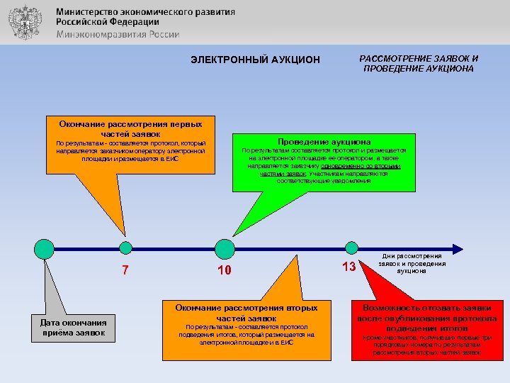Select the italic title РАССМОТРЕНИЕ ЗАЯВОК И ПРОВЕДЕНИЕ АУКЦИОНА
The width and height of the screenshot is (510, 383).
[419, 63]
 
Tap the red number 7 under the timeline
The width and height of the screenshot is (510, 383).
[125, 270]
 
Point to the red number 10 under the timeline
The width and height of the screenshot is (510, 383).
[225, 271]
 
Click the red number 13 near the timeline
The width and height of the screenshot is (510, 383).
[348, 267]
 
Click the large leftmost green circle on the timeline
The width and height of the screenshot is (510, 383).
[44, 248]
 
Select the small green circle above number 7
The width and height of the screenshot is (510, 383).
[125, 248]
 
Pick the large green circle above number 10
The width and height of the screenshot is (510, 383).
[225, 248]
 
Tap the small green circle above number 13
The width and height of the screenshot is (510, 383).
[351, 248]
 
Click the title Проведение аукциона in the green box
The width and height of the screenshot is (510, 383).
[324, 142]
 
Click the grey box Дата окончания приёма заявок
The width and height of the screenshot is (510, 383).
[73, 327]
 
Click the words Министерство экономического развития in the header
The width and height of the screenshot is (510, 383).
[146, 12]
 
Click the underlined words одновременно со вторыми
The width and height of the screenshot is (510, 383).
[361, 165]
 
